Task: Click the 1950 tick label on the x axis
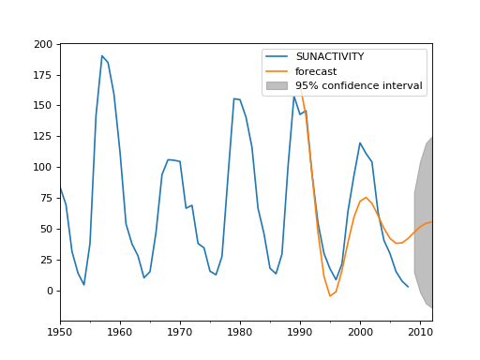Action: point(60,332)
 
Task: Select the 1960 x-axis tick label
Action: point(120,332)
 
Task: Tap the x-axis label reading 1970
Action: point(180,332)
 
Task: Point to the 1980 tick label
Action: point(240,332)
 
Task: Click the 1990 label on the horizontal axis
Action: point(300,332)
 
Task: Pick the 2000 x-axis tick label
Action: point(360,332)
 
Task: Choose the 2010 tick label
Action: point(419,332)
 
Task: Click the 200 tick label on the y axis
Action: point(43,44)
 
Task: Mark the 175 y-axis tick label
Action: point(43,75)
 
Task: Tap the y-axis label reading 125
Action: point(43,137)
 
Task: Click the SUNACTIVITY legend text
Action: point(329,57)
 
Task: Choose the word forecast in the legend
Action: point(316,71)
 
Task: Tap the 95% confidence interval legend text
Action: point(358,85)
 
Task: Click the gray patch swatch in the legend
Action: point(277,85)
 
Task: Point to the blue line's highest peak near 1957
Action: point(102,55)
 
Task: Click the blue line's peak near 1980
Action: point(234,98)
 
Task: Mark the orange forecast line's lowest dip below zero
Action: point(330,296)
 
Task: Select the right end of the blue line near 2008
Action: point(408,287)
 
